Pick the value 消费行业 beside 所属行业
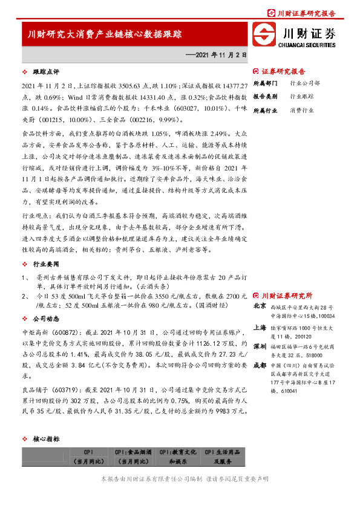coord(302,110)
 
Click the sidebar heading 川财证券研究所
coord(287,296)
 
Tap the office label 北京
coord(258,307)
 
